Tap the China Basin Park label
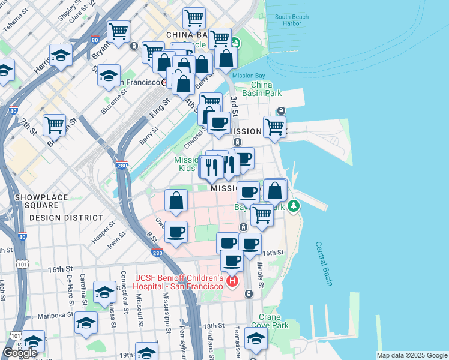point(262,89)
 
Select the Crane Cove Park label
point(274,321)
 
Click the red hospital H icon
point(232,280)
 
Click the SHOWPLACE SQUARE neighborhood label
point(37,201)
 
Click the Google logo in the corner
point(20,353)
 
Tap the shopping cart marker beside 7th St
point(54,125)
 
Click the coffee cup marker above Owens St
point(176,232)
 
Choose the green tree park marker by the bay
point(293,206)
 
